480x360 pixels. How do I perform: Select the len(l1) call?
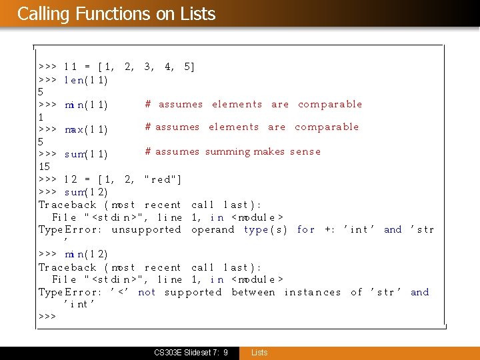[x=86, y=80]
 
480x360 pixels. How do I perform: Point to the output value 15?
[x=45, y=166]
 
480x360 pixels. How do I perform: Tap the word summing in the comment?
[x=227, y=151]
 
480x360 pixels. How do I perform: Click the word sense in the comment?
[x=305, y=151]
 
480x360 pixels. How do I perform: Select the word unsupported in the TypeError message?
[x=146, y=229]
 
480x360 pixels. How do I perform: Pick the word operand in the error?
[x=213, y=229]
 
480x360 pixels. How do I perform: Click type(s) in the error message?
[x=265, y=229]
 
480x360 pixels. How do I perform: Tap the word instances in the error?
[x=312, y=292]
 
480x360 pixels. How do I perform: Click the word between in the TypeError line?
[x=253, y=292]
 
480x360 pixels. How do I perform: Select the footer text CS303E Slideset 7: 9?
[x=191, y=352]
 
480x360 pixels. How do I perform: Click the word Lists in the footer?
[x=259, y=352]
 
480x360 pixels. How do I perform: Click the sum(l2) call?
[x=86, y=192]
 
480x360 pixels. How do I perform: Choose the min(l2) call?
[x=86, y=254]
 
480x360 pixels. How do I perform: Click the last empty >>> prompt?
[x=47, y=316]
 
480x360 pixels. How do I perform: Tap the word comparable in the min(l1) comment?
[x=330, y=104]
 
